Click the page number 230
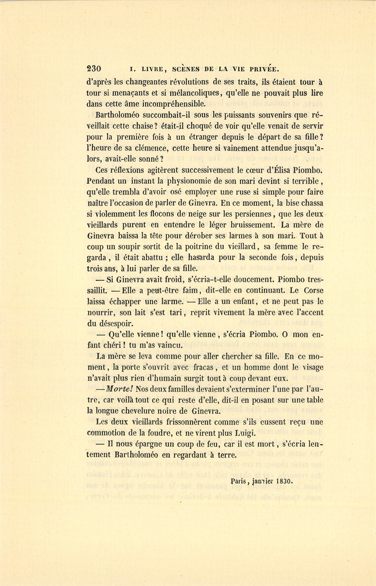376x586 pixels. pyautogui.click(x=94, y=69)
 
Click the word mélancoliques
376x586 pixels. pyautogui.click(x=191, y=93)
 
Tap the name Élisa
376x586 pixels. pyautogui.click(x=280, y=170)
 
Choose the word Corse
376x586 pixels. pyautogui.click(x=311, y=290)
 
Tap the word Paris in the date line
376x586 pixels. pyautogui.click(x=239, y=481)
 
